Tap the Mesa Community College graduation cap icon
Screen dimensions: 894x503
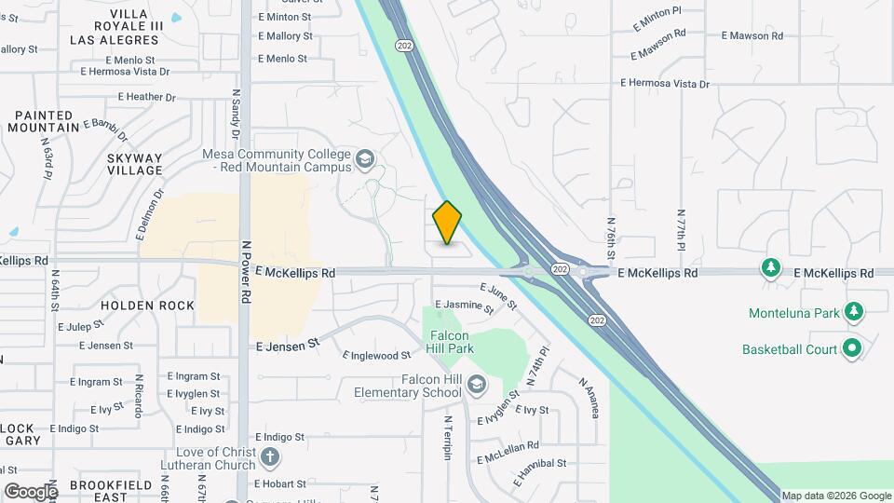pyautogui.click(x=364, y=160)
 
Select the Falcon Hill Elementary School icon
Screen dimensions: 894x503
pyautogui.click(x=477, y=385)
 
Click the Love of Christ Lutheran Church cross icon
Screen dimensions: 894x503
pyautogui.click(x=269, y=457)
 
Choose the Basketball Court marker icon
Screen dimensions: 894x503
pyautogui.click(x=851, y=349)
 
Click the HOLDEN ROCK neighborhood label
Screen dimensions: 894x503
pyautogui.click(x=147, y=306)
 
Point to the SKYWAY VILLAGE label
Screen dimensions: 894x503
pyautogui.click(x=135, y=164)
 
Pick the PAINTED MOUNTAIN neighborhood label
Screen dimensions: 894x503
pyautogui.click(x=46, y=120)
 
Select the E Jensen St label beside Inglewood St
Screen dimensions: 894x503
pyautogui.click(x=288, y=344)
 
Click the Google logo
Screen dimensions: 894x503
pyautogui.click(x=30, y=491)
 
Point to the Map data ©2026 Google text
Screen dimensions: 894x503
pyautogui.click(x=835, y=496)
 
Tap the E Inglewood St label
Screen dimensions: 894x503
pyautogui.click(x=376, y=355)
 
